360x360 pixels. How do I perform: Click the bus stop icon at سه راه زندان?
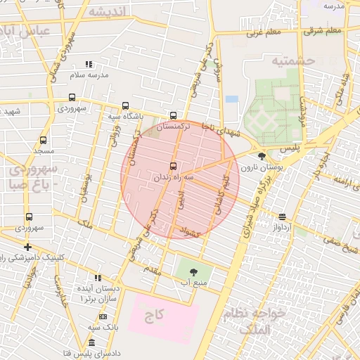coord(173,166)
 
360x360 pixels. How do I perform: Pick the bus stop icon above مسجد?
coord(44,141)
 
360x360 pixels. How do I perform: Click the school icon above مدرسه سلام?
coord(88,65)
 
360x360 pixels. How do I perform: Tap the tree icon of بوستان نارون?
coord(262,156)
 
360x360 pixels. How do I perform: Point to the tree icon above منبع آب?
coord(193,272)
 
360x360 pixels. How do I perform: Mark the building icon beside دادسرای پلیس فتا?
coord(91,342)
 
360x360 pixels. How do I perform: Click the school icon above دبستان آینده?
coord(98,278)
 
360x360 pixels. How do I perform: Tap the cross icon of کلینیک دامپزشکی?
coord(27,247)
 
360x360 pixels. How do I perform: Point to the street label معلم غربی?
coord(262,32)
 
